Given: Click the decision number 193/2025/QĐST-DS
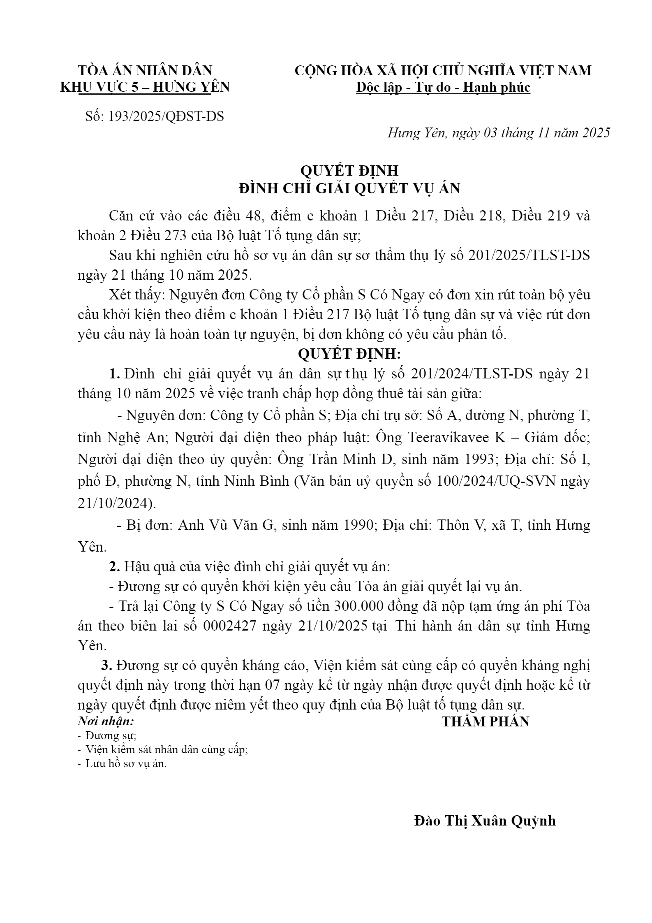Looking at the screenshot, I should pos(166,116).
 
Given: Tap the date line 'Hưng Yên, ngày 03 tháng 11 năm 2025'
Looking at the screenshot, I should pos(498,133).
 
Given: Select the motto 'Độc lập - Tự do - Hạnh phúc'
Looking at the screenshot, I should pos(443,88).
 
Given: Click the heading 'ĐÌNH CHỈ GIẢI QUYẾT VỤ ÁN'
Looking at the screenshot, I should pos(349,188).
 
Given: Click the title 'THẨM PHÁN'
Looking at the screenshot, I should pos(485,722).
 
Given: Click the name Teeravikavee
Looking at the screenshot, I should pos(448,438).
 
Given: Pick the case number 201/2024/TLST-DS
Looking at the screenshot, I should pos(472,374).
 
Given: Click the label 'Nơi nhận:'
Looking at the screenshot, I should pos(106,721).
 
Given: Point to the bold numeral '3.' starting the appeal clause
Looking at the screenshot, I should pos(107,666).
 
